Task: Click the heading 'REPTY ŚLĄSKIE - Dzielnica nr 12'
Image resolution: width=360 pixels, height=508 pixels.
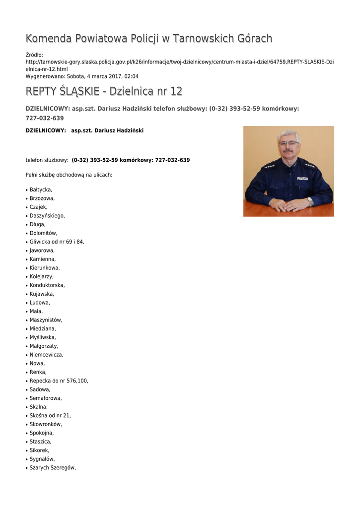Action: [104, 91]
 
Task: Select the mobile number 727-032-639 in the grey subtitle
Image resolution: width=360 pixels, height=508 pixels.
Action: [45, 118]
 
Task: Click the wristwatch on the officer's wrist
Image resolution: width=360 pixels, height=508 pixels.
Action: [310, 201]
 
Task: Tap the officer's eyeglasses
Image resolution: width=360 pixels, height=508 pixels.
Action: [288, 143]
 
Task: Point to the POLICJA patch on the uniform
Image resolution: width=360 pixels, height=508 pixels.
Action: [302, 178]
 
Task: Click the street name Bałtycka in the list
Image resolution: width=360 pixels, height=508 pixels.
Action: [41, 190]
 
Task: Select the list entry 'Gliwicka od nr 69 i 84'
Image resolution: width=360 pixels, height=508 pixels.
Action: [57, 242]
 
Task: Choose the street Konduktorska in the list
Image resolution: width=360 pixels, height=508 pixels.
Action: [47, 285]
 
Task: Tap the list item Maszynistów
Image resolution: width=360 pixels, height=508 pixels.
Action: [46, 320]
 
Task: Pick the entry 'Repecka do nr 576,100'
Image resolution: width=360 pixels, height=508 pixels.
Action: [59, 381]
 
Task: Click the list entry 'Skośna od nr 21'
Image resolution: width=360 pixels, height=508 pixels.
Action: [50, 416]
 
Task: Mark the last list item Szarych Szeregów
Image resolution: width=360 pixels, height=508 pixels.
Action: [53, 468]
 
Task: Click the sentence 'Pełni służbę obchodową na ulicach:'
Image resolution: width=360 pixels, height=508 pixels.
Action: [69, 175]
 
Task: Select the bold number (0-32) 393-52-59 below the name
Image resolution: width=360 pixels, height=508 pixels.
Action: [95, 160]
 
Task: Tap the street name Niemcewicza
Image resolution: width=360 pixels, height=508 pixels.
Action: [46, 355]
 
